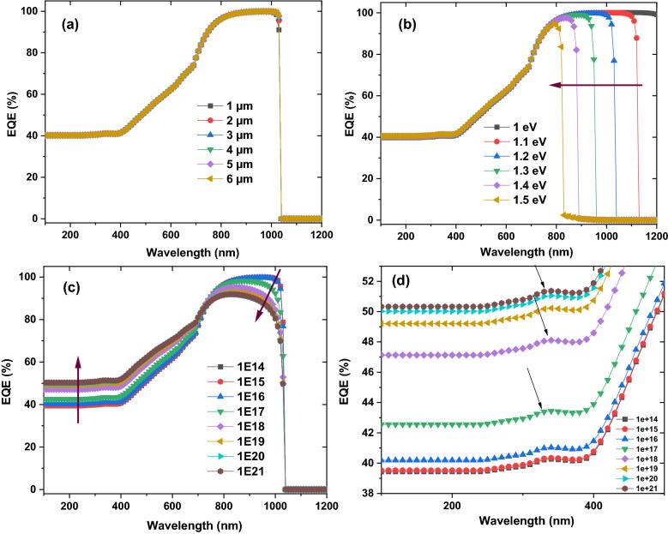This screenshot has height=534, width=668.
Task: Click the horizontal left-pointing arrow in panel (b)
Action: click(x=595, y=86)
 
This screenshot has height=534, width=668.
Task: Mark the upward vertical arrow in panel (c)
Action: click(x=79, y=390)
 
